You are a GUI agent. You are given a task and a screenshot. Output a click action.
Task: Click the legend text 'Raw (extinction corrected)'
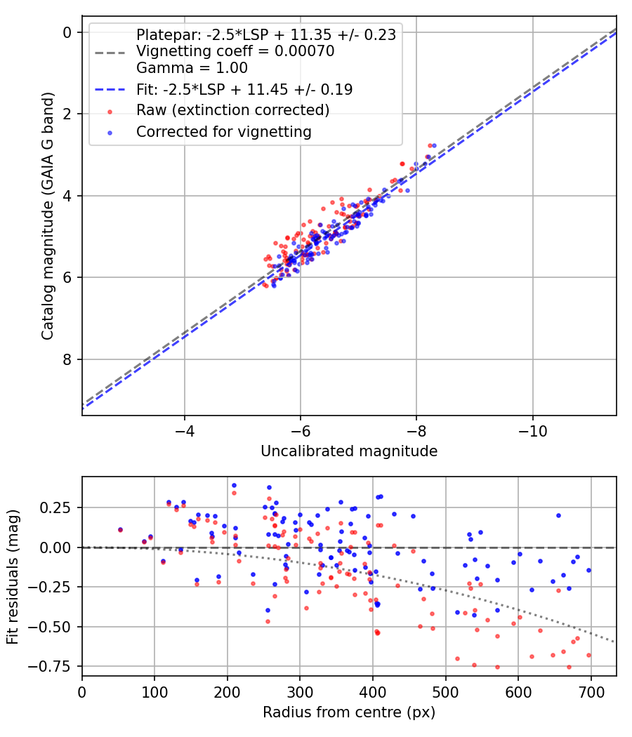point(232,110)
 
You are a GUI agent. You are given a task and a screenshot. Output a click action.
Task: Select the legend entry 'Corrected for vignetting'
point(224,131)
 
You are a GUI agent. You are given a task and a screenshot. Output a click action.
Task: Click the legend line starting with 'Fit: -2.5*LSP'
point(244,89)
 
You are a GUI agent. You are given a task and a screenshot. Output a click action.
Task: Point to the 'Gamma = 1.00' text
point(192,68)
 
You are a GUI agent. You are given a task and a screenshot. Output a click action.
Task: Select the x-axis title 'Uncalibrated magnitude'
point(349,451)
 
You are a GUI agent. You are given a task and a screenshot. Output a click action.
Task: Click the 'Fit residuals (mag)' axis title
point(13,576)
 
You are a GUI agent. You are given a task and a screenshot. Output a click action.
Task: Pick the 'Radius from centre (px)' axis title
point(349,712)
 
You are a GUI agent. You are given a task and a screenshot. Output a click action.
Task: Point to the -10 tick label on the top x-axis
point(533,430)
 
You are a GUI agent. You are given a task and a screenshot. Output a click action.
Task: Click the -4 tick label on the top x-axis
point(185,430)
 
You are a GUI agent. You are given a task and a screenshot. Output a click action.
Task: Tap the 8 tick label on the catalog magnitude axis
point(67,359)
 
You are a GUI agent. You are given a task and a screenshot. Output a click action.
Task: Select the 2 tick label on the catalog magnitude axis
point(67,114)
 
